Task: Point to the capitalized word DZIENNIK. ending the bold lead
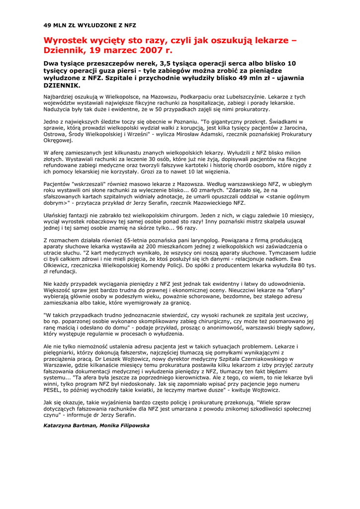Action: pyautogui.click(x=62, y=85)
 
